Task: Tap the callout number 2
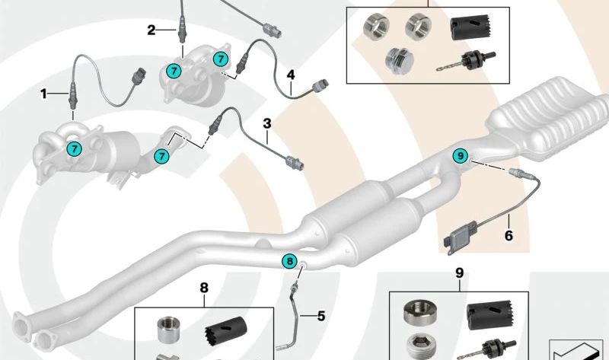151,30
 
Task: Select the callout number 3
267,122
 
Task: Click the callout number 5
320,314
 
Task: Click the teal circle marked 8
289,261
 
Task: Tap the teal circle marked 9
459,155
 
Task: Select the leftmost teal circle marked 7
74,148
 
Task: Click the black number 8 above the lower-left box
203,287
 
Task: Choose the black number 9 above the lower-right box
458,272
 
